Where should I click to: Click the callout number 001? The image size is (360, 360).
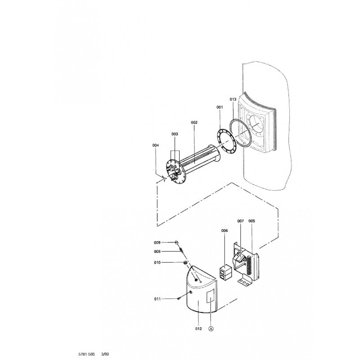[x=220, y=107]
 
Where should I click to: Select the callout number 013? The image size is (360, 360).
[x=233, y=99]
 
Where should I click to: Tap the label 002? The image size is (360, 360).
[x=194, y=122]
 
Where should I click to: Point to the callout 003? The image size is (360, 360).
[x=175, y=134]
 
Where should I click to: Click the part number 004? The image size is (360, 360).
[x=156, y=145]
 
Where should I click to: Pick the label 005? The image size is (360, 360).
[x=252, y=221]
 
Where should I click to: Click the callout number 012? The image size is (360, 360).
[x=198, y=328]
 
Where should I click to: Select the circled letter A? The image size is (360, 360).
[x=211, y=329]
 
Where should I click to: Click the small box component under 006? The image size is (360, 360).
[x=225, y=272]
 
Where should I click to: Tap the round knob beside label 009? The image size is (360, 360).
[x=177, y=242]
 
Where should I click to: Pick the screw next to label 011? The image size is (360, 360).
[x=179, y=298]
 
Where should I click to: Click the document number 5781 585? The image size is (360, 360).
[x=86, y=354]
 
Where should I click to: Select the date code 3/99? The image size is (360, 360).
[x=105, y=354]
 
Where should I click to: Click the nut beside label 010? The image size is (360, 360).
[x=185, y=262]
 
